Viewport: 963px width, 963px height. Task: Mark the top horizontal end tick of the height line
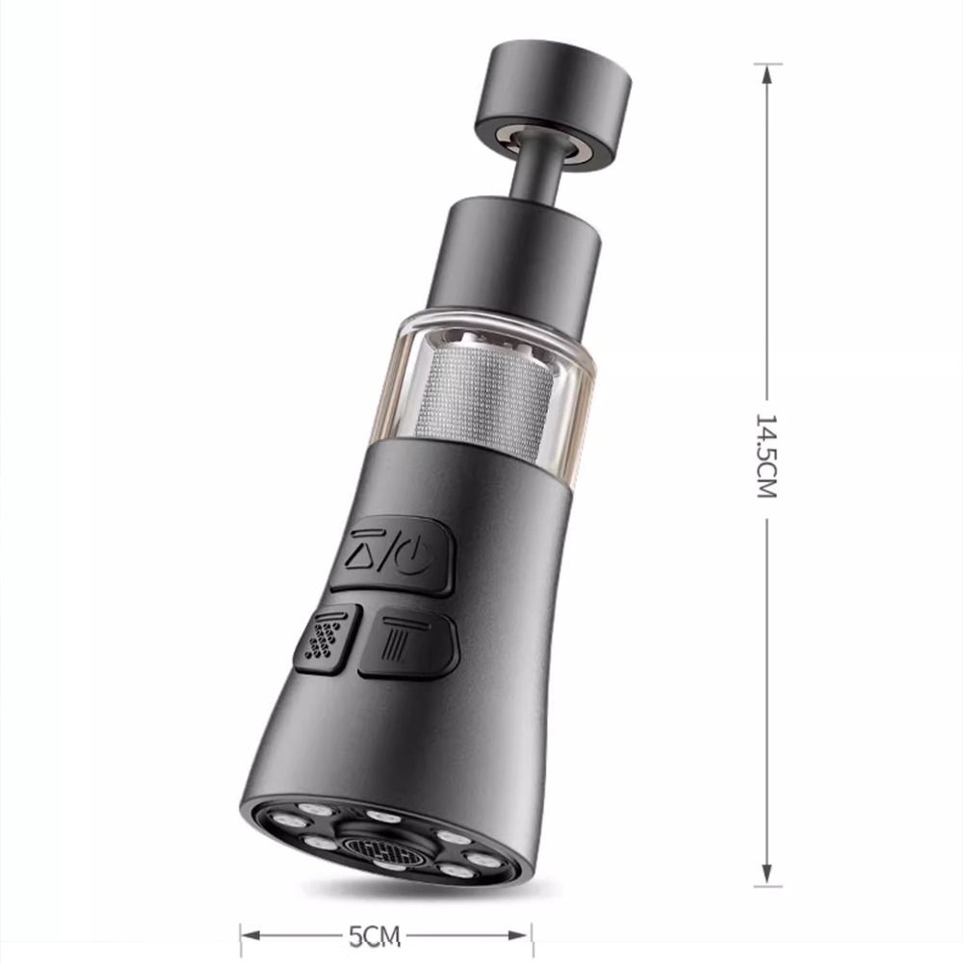[x=768, y=65]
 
